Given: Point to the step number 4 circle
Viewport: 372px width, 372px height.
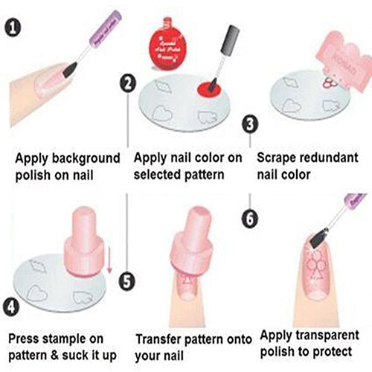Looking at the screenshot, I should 10,305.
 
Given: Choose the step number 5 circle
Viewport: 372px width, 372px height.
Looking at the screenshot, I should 128,282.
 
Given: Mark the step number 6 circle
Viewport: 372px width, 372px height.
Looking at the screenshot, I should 251,217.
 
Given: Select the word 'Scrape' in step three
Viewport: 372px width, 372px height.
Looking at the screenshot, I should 278,158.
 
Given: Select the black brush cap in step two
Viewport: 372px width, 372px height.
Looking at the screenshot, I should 228,40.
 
